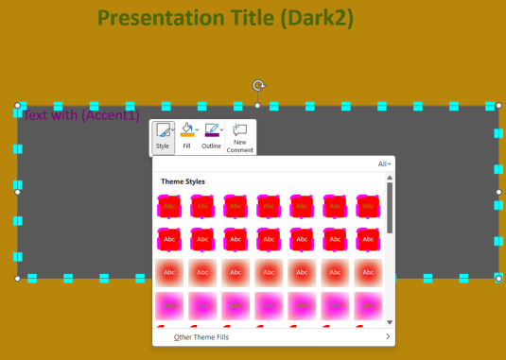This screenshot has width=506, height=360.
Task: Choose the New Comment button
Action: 239,138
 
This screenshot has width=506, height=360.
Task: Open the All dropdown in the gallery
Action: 384,163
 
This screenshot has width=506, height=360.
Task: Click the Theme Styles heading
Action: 183,181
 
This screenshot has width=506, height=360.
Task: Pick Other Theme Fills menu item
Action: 201,336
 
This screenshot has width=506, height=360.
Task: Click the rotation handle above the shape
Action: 258,86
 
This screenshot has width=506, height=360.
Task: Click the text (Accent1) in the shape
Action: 111,115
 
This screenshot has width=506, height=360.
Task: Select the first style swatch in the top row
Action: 169,205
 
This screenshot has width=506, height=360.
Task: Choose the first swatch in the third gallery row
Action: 169,272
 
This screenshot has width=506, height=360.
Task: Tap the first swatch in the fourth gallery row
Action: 169,305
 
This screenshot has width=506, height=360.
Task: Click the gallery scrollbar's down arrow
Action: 389,323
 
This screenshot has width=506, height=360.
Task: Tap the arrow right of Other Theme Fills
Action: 388,336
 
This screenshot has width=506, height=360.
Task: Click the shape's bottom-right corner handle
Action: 498,278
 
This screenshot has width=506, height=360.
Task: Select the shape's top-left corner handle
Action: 17,106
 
